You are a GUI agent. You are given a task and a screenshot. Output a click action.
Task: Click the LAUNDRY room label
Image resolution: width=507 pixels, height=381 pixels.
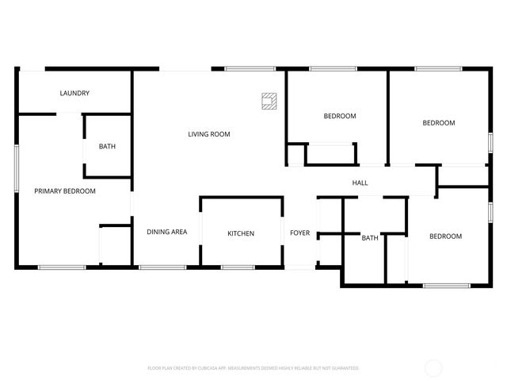point(74,94)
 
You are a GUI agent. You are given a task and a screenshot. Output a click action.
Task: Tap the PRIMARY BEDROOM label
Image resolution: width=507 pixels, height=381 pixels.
point(64,191)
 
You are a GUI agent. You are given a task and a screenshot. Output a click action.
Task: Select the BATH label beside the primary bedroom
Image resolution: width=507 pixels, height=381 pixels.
point(107,147)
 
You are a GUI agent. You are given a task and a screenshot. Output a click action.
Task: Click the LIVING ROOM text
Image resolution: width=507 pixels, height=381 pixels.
point(209,134)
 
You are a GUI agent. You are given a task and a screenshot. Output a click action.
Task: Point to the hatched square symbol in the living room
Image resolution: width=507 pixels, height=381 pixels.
point(270,100)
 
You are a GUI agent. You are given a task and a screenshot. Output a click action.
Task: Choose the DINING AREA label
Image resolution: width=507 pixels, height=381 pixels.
point(167,233)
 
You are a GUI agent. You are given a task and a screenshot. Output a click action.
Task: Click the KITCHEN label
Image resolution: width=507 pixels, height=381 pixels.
point(241,233)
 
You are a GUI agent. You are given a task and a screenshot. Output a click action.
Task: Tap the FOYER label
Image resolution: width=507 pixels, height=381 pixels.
point(299,233)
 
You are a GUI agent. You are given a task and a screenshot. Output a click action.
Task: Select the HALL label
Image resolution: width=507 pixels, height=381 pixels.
point(360,183)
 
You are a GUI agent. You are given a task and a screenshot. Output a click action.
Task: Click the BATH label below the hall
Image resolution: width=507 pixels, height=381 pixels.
point(370,238)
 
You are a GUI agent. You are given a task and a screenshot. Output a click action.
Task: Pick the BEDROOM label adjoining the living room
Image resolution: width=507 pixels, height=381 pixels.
point(340,116)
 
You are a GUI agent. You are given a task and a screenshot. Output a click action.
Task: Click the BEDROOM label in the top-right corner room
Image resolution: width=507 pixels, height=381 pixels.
point(438,123)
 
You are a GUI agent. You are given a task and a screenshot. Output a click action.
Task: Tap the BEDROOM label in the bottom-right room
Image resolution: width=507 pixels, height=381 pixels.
point(445,237)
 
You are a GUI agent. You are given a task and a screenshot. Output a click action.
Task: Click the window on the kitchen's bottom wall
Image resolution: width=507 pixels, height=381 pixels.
point(238,267)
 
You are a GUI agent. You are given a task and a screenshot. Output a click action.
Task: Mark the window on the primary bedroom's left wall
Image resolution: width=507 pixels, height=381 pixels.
point(17,168)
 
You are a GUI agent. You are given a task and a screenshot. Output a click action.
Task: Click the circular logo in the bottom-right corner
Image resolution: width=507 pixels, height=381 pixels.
point(434,368)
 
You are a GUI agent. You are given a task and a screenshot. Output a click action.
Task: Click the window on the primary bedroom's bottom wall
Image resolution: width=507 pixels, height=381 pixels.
point(62,267)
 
